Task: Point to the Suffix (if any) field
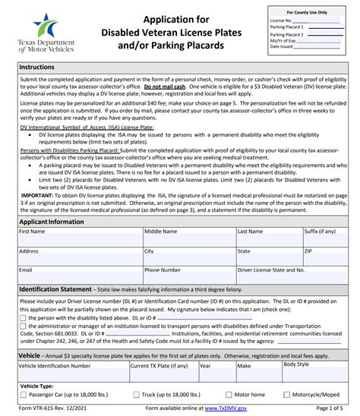point(326,239)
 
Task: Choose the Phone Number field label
point(163,269)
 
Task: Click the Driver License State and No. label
point(271,269)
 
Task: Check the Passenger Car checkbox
point(23,394)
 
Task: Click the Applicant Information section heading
point(51,221)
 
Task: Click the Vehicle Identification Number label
point(53,364)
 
